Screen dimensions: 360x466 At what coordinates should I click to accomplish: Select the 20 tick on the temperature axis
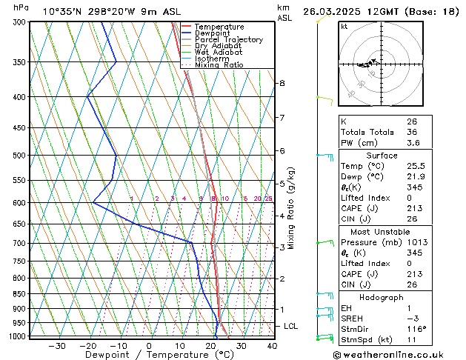pyautogui.click(x=210, y=345)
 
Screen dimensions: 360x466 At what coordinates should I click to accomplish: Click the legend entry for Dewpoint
pyautogui.click(x=212, y=33)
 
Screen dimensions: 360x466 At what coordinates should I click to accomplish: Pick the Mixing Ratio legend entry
pyautogui.click(x=219, y=65)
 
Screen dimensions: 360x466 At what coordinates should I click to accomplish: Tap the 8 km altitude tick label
pyautogui.click(x=282, y=83)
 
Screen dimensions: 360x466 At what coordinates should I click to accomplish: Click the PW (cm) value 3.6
pyautogui.click(x=412, y=143)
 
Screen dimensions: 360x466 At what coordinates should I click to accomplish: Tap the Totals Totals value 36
pyautogui.click(x=412, y=132)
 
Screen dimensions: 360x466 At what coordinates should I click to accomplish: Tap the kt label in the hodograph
pyautogui.click(x=344, y=27)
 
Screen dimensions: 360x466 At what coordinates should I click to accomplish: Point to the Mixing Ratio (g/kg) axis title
pyautogui.click(x=291, y=208)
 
